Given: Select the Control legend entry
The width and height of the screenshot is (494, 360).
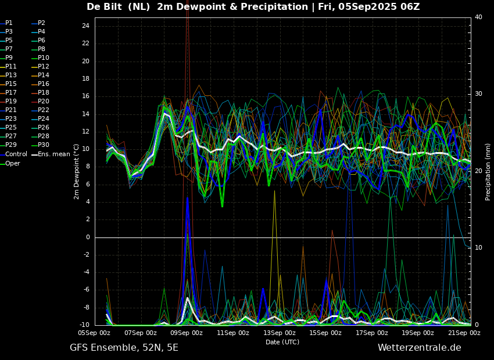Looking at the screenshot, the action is [x=13, y=154].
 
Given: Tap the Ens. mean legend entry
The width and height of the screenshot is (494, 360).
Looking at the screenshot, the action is [x=51, y=154].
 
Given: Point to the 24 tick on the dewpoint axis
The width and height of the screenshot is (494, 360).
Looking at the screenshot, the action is [x=85, y=26].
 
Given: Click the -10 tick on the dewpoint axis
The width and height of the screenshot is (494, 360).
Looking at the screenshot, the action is [x=84, y=325].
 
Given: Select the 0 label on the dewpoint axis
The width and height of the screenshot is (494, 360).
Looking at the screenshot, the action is [x=88, y=237].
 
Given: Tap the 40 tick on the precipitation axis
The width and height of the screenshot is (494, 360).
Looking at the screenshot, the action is [x=478, y=17].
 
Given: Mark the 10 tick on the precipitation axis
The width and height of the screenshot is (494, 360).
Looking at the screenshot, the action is [x=478, y=248].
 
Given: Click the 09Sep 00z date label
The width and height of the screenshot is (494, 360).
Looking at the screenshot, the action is [x=187, y=333].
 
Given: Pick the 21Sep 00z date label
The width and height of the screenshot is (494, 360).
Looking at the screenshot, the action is [x=464, y=333].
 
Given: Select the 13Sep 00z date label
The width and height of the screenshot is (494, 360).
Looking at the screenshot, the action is [x=280, y=333].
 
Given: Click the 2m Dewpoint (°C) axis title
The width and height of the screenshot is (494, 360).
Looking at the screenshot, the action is [x=76, y=172].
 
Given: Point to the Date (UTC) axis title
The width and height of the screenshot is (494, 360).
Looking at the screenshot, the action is [x=282, y=342].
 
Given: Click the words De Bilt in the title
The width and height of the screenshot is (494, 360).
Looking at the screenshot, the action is [x=104, y=6].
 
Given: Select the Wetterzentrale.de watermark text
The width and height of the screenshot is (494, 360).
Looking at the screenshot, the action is [x=420, y=348].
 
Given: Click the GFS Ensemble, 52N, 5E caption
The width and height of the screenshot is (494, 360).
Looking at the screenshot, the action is [x=124, y=348].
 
